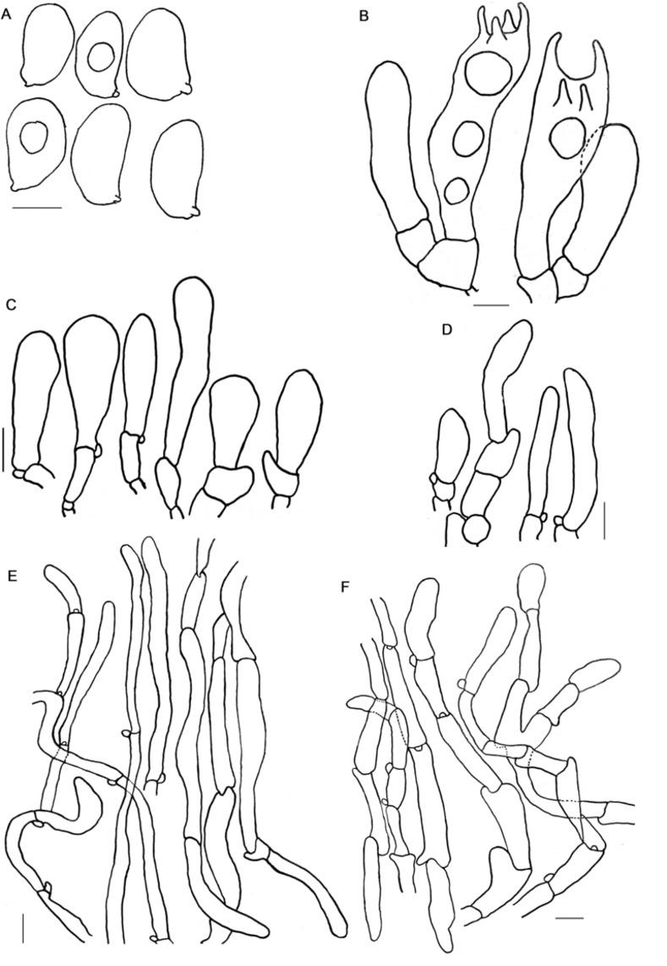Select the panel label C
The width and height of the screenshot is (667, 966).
click(x=9, y=303)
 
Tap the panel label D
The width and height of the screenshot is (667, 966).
click(x=447, y=329)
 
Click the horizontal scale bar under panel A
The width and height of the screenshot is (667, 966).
click(x=37, y=208)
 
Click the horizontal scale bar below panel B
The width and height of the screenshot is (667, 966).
click(x=491, y=304)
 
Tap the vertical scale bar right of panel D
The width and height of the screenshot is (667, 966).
click(x=604, y=521)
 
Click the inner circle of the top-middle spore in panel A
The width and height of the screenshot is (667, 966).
click(x=99, y=57)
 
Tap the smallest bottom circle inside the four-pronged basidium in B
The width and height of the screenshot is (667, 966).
click(x=457, y=190)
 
